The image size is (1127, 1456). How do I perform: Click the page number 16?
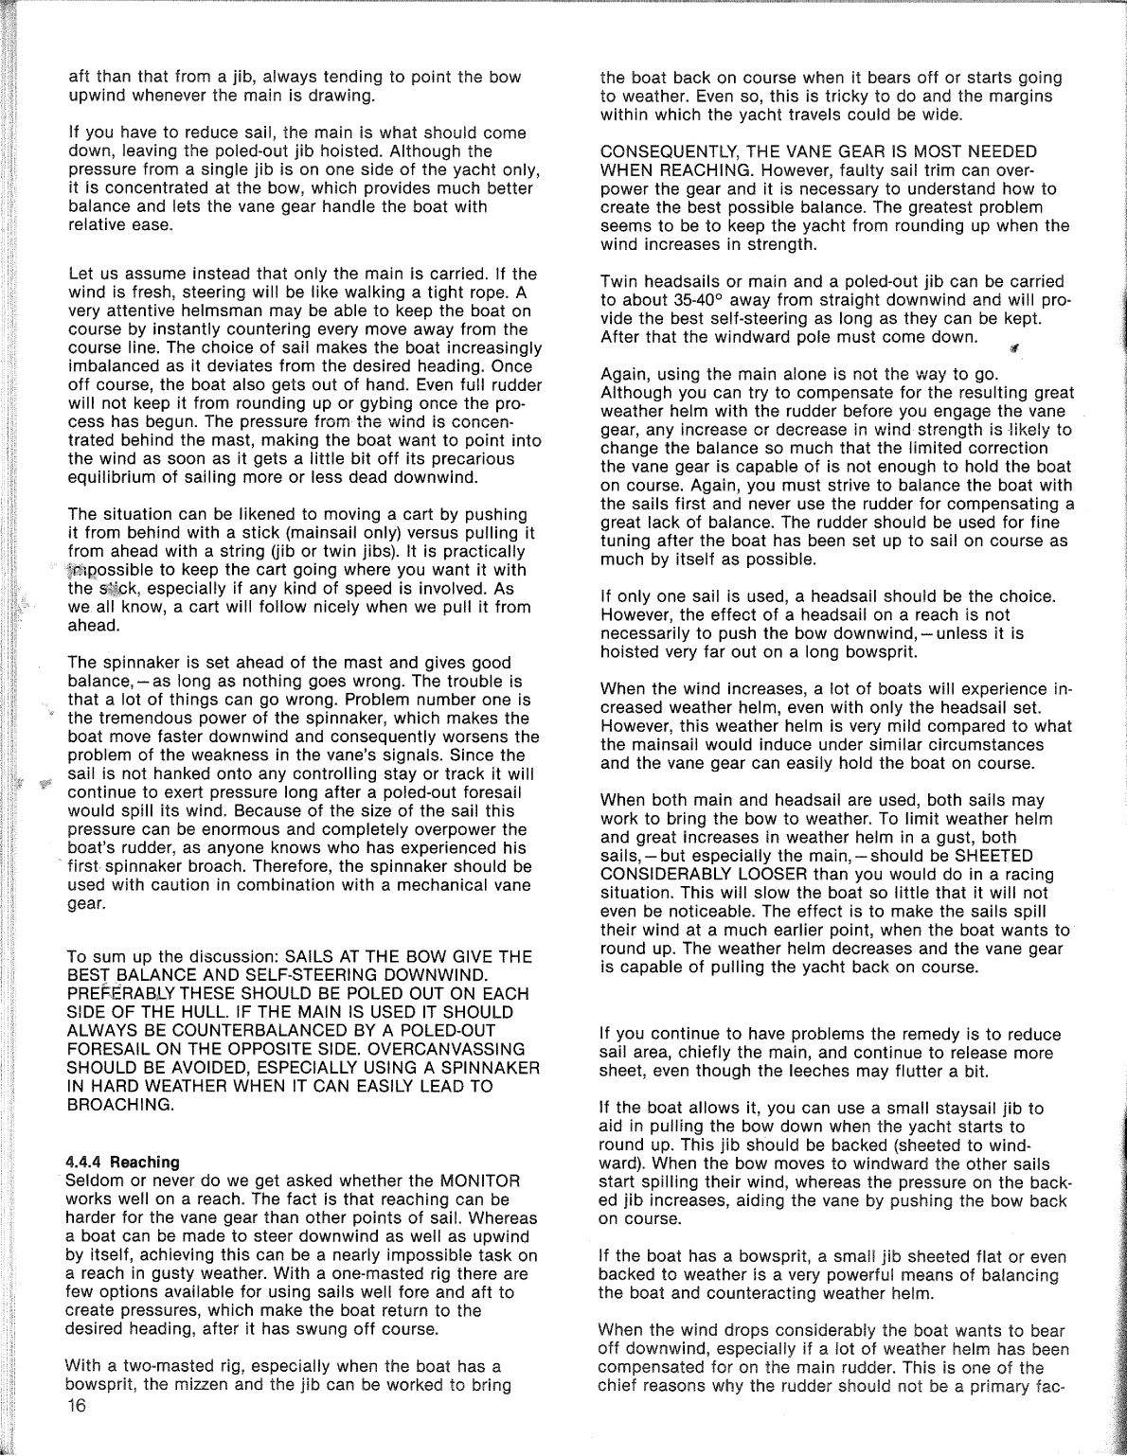point(77,1405)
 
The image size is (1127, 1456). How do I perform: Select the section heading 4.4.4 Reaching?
point(122,1162)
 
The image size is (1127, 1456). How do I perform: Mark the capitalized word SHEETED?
point(996,856)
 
